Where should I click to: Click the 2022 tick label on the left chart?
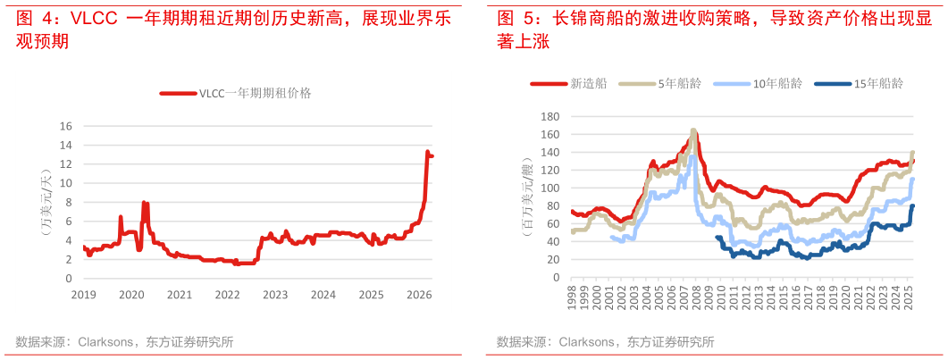[228, 294]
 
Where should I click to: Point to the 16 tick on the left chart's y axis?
[64, 125]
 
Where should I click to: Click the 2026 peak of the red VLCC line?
[427, 152]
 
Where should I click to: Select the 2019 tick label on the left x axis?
[83, 294]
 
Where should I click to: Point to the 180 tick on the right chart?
[550, 116]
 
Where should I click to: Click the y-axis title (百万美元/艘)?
[529, 198]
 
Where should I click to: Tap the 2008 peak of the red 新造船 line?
[693, 131]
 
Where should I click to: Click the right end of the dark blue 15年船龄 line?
[913, 206]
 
